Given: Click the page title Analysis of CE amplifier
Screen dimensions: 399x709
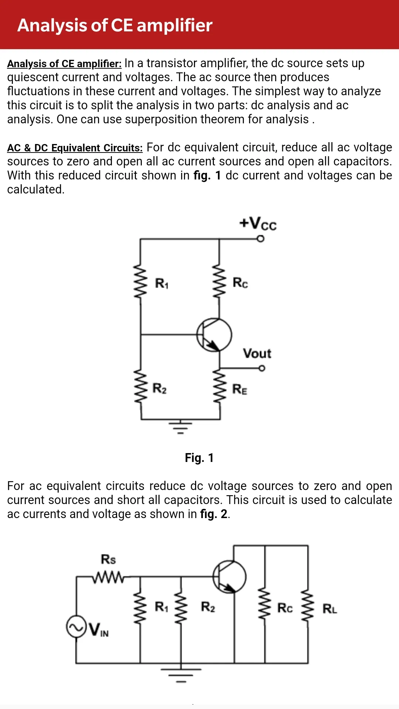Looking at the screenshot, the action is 115,25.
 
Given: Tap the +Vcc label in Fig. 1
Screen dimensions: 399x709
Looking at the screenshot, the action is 258,223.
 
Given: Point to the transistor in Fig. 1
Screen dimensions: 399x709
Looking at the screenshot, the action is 214,335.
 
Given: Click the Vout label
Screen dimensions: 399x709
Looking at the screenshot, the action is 257,353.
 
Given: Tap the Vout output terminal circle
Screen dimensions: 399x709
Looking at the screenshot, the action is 262,368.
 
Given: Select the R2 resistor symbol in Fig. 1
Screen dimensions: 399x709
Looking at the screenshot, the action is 140,386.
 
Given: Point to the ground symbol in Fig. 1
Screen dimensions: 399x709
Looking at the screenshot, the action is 181,427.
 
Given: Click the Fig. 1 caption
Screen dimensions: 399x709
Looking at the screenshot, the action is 199,458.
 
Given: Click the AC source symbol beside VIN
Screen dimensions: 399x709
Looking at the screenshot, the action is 76,627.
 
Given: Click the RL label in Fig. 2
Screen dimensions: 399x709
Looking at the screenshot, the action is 330,609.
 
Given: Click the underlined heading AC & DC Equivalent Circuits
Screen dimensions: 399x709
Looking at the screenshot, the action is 75,148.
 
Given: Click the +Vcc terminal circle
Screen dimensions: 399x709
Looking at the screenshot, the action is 261,239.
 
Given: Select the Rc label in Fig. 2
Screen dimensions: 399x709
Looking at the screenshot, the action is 285,608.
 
